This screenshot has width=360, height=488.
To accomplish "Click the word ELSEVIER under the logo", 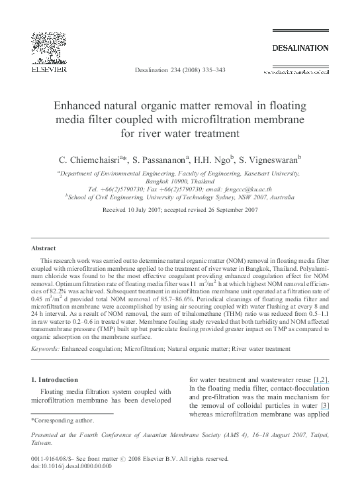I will [46, 68].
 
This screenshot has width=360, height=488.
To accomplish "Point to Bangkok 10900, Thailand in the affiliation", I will [179, 181].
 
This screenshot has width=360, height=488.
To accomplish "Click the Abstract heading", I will [44, 248].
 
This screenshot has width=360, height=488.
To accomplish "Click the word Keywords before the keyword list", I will [44, 348].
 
